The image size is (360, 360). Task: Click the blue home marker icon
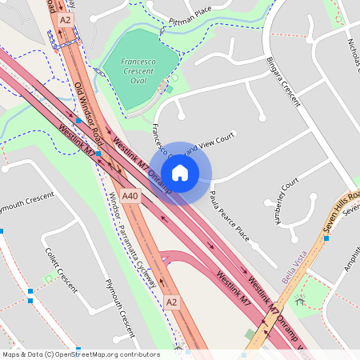[180, 173]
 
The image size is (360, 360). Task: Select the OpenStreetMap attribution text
[80, 354]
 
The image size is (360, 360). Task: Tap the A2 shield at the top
[66, 18]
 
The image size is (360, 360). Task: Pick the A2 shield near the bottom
[171, 302]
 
